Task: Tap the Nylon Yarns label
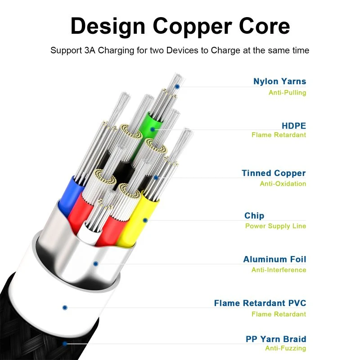point(279,81)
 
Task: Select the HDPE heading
point(294,126)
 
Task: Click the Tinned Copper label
point(274,173)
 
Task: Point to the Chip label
point(254,216)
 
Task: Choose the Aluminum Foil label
point(274,259)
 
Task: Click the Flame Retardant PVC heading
point(260,303)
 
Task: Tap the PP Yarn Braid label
point(276,339)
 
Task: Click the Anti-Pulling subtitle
point(288,93)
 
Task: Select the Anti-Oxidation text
point(283,184)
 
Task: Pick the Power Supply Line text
point(275,226)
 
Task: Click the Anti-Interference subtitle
point(279,270)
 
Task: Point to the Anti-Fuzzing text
point(286,348)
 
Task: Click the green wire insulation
point(148,126)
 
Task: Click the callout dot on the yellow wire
point(145,220)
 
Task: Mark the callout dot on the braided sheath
point(65,343)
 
